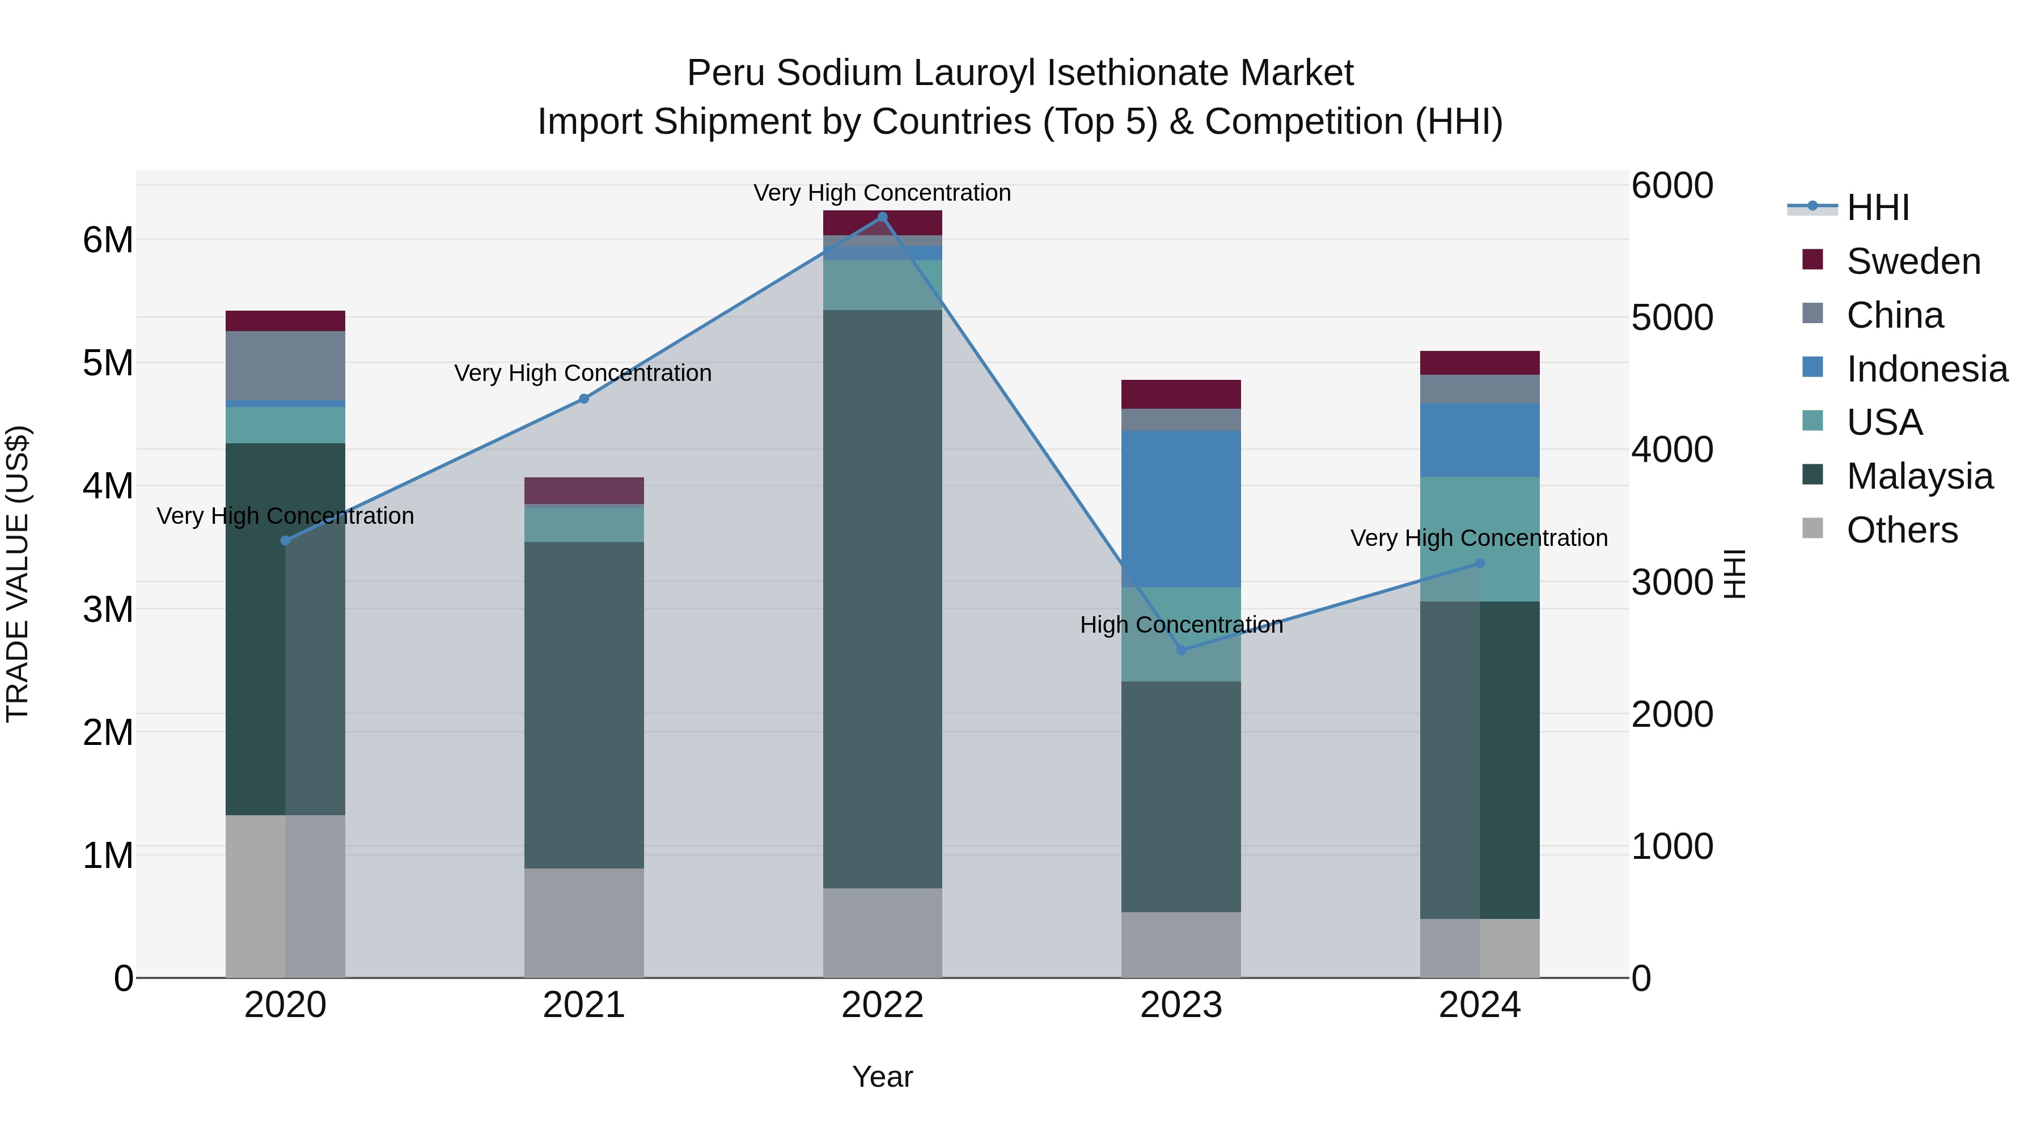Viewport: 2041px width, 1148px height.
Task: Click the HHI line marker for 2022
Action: [883, 217]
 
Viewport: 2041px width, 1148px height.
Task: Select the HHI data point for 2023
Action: [1182, 650]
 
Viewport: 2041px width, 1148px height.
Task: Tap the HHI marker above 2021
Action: [584, 399]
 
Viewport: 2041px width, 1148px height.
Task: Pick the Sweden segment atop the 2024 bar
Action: [1479, 363]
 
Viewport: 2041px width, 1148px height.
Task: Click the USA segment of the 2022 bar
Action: [883, 285]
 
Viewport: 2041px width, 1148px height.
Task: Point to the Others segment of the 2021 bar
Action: [584, 922]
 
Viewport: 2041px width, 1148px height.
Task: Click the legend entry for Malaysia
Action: [1919, 477]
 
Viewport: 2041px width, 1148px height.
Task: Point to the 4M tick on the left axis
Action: [108, 486]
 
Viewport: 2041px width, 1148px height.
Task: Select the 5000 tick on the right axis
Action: [1672, 317]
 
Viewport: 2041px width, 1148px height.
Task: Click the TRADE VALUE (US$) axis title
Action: [18, 574]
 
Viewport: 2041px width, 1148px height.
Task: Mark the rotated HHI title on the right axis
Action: [1735, 574]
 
